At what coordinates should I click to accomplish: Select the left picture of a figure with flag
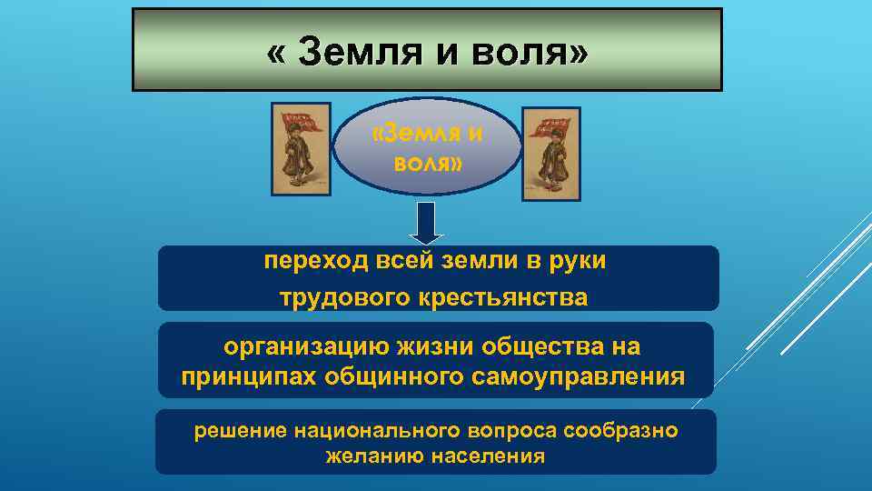[x=301, y=149]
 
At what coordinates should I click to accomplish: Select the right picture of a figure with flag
[x=550, y=154]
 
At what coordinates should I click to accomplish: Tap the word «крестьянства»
[x=504, y=297]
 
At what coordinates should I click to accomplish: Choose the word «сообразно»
[x=620, y=430]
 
